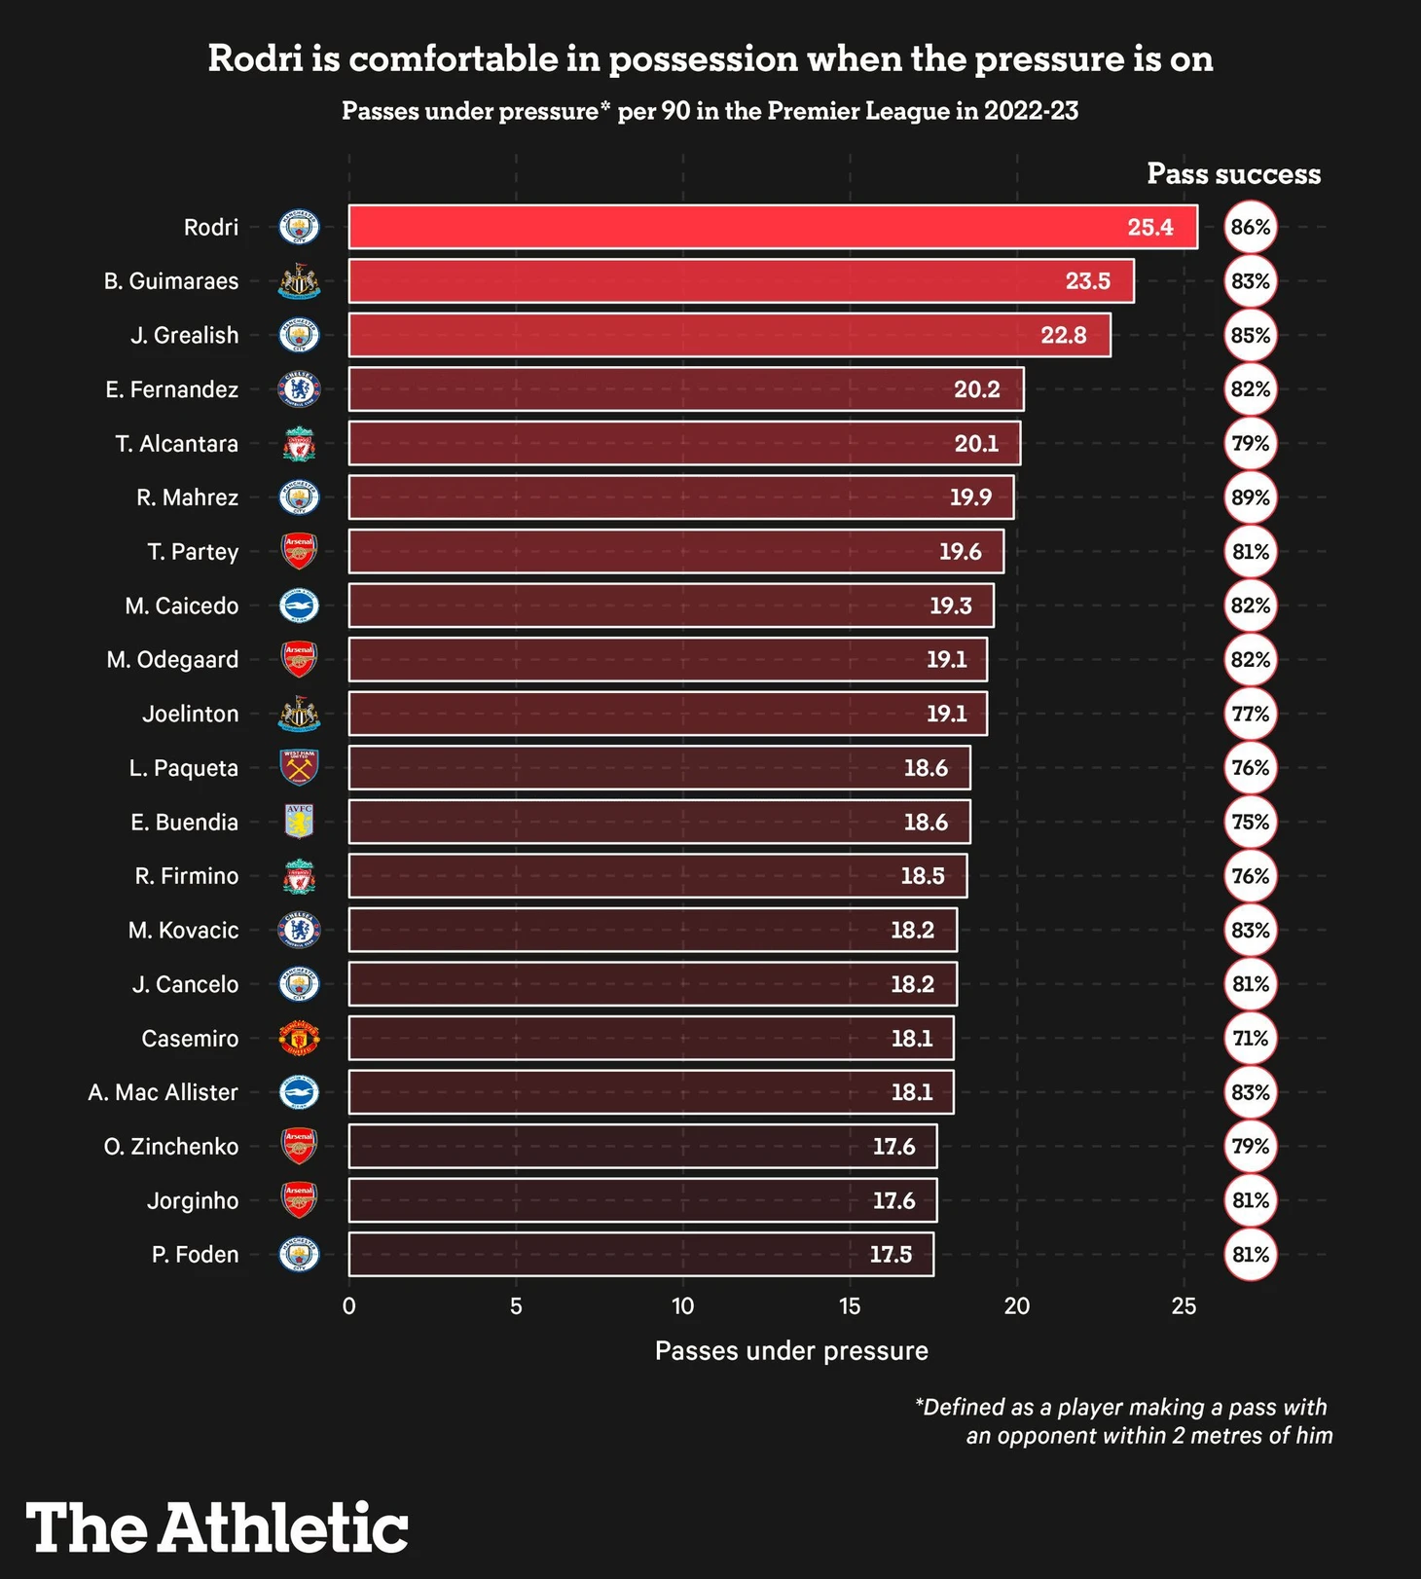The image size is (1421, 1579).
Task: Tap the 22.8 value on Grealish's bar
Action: coord(1063,336)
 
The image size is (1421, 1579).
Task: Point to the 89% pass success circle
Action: coord(1250,497)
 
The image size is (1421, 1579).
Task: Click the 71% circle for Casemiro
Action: coord(1250,1039)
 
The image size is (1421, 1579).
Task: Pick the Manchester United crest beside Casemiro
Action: coord(299,1039)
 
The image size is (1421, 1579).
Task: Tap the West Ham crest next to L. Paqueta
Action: coord(299,768)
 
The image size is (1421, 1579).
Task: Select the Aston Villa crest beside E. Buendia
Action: coord(299,822)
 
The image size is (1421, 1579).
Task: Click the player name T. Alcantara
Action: coord(176,444)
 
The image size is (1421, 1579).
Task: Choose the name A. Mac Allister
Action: coord(163,1092)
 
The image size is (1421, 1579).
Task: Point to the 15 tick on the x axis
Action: coord(850,1306)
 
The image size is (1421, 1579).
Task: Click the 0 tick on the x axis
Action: coord(349,1306)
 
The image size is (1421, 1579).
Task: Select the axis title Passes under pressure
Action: coord(791,1351)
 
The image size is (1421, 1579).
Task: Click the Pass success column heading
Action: coord(1233,174)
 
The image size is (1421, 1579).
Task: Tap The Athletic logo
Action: coord(217,1528)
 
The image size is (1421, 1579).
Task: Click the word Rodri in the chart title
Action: coord(255,59)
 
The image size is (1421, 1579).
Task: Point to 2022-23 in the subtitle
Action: coord(1031,111)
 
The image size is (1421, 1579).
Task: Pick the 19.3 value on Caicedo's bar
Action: coord(950,606)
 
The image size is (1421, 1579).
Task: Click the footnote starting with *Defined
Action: coord(1123,1421)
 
